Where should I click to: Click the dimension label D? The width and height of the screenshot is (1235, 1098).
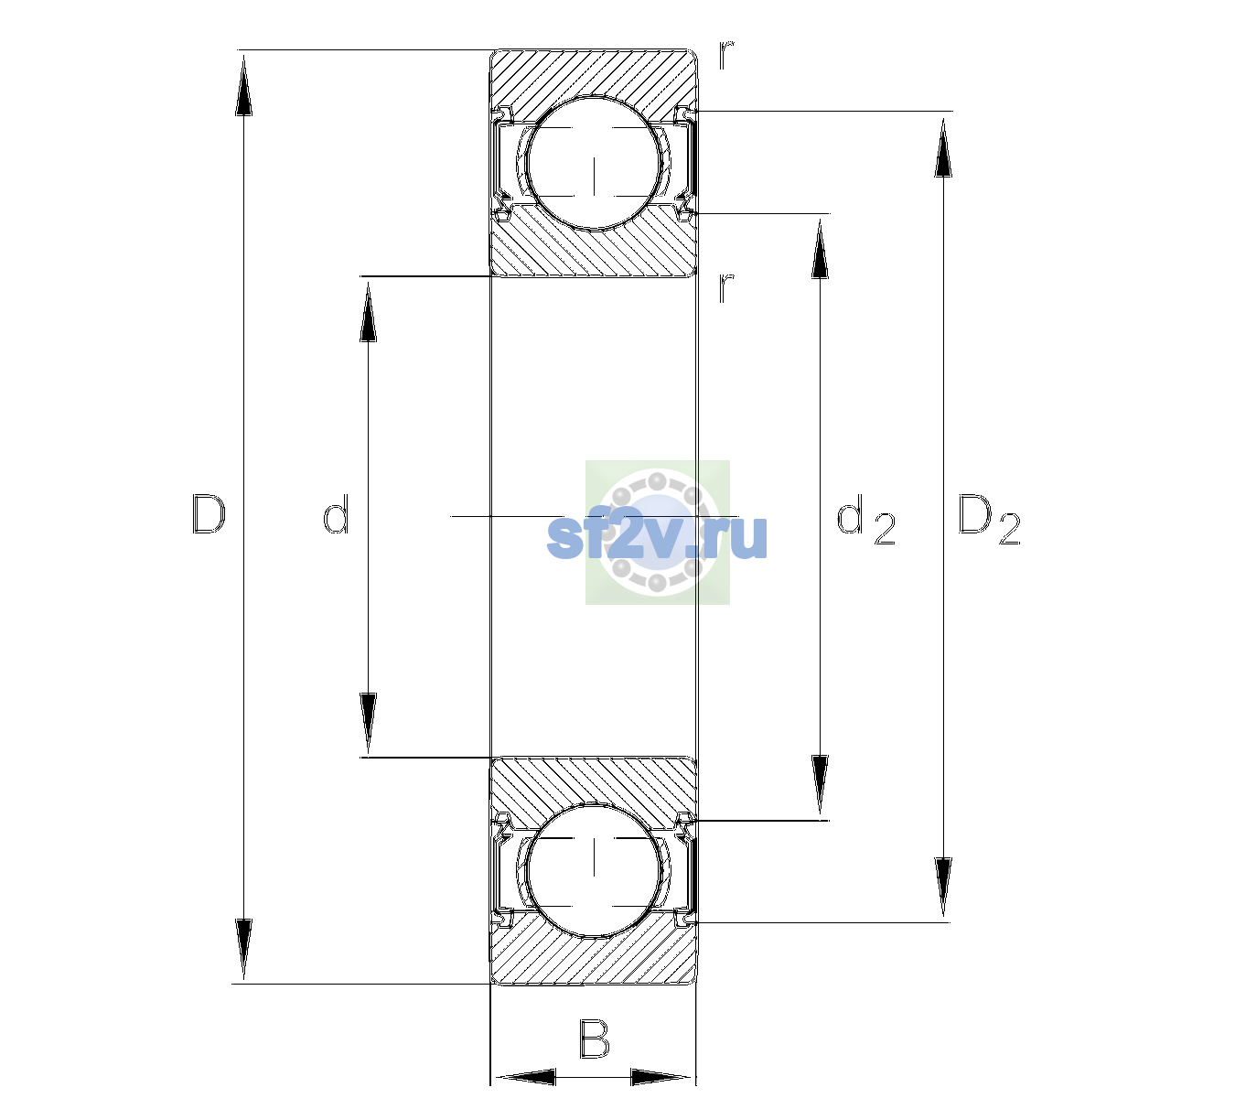[x=209, y=514]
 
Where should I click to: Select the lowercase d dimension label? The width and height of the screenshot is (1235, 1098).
[x=336, y=514]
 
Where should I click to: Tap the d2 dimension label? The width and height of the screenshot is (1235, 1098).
[x=865, y=519]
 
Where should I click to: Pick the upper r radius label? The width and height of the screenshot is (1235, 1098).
[x=726, y=55]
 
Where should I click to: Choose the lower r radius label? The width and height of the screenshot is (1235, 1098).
[x=726, y=287]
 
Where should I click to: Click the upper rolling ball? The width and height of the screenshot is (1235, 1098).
[x=594, y=163]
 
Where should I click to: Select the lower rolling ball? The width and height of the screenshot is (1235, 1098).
[x=594, y=869]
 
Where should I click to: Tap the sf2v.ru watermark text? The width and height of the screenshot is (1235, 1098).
[x=657, y=536]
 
